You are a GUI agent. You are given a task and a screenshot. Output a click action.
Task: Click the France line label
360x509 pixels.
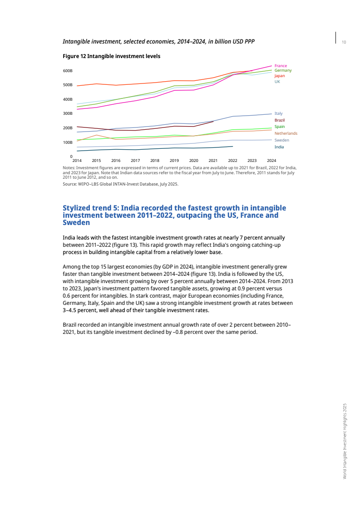coord(281,66)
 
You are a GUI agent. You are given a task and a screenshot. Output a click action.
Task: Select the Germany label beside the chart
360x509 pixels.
coord(283,70)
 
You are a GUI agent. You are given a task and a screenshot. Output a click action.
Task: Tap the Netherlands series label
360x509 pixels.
coord(286,133)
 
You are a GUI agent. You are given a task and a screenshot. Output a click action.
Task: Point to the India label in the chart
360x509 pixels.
coord(279,147)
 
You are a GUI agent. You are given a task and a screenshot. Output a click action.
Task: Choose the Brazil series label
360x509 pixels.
coord(280,120)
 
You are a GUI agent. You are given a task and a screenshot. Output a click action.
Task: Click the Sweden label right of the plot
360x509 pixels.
coord(281,140)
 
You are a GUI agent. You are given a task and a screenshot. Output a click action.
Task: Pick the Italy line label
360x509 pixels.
coord(278,113)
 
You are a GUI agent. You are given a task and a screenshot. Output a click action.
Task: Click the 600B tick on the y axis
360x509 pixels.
coord(68,71)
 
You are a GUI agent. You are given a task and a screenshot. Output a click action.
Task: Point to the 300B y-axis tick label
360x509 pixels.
coord(68,113)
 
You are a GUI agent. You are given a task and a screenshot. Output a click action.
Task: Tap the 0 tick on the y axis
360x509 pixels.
coord(71,157)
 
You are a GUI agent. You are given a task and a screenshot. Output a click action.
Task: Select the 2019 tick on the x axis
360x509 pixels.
coord(174,161)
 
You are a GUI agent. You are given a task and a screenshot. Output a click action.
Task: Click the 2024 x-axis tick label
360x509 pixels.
coord(271,161)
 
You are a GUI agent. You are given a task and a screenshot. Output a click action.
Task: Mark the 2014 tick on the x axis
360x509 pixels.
coord(77,161)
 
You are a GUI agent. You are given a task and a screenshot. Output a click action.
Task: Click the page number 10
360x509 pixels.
coord(344,42)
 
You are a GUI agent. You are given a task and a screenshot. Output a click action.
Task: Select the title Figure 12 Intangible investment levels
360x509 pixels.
coord(111,56)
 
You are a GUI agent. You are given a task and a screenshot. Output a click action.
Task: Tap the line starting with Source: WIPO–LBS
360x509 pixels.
coord(120,184)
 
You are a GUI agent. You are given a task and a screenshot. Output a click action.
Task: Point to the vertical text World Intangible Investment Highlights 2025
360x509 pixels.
coord(345,440)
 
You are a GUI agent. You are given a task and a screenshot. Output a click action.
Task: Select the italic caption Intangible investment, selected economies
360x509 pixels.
coord(158,42)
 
